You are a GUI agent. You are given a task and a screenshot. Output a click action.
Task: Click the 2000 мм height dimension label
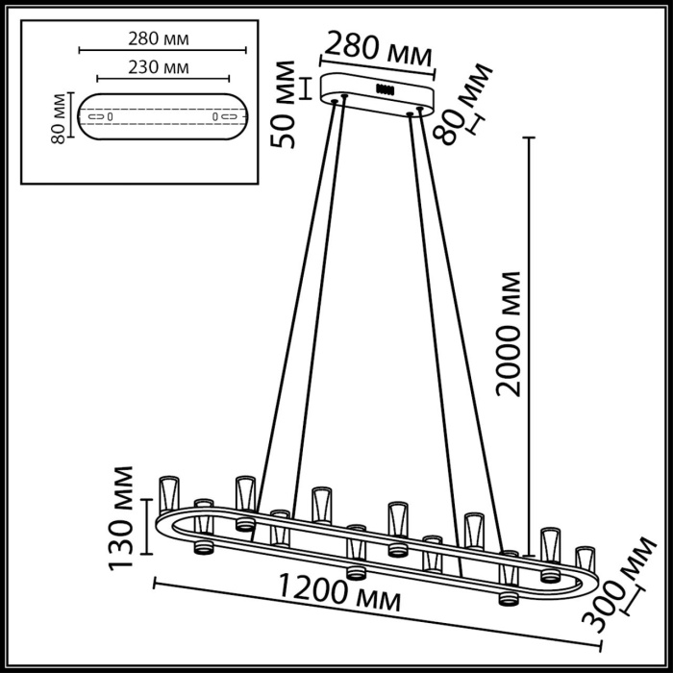511,334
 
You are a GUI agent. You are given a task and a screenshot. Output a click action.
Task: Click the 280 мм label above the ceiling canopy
378,46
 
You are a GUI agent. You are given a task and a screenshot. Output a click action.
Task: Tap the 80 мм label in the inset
59,117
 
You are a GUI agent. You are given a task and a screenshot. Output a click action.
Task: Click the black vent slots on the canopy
387,88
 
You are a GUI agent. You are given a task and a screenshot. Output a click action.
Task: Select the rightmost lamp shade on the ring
584,560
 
